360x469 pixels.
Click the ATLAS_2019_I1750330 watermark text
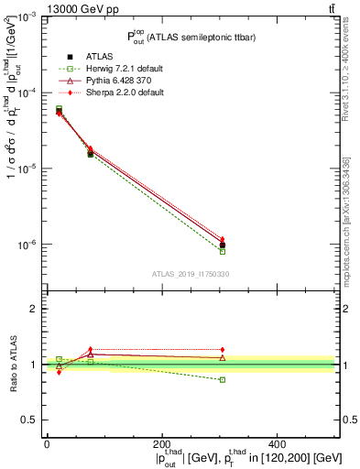[190, 274]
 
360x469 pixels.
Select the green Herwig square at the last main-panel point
[223, 251]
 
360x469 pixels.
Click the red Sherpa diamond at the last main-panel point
[223, 239]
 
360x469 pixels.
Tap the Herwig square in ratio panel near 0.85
[223, 379]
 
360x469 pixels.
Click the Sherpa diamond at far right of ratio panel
[223, 350]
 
